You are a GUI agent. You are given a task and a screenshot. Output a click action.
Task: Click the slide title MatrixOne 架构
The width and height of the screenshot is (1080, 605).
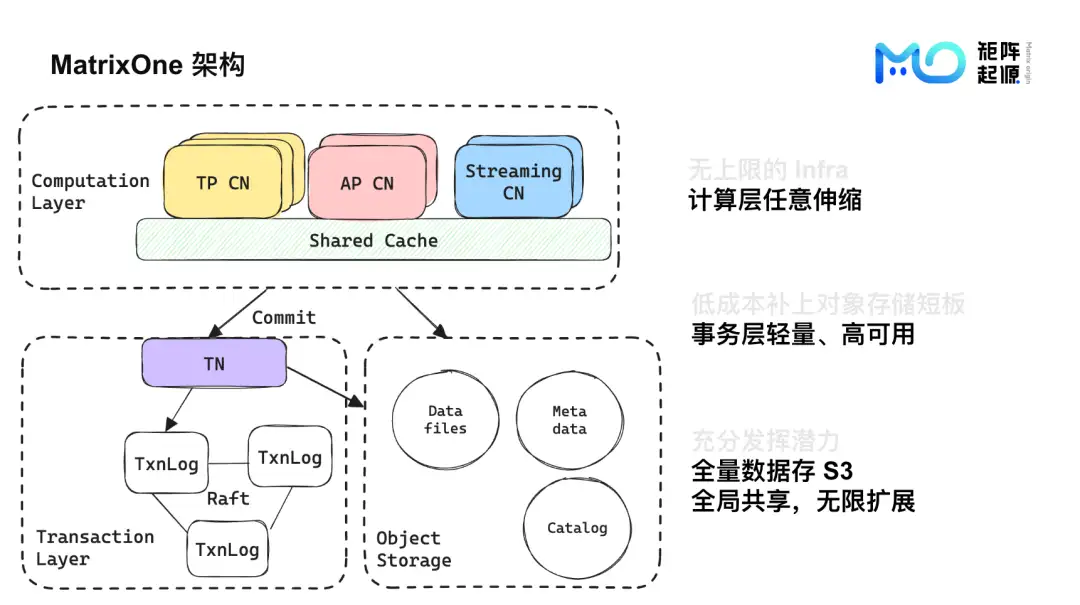tap(147, 66)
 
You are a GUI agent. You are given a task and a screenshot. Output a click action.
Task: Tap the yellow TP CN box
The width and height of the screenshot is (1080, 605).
tap(223, 183)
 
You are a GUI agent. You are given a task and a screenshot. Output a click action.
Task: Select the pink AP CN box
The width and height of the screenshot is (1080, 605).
tap(367, 183)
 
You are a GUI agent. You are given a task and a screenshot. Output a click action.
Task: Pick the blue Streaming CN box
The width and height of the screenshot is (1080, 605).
tap(513, 181)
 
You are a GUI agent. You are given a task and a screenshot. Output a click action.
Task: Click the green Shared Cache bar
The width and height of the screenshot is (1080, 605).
tap(373, 240)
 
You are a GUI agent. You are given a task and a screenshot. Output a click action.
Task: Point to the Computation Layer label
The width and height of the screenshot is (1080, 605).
tap(89, 191)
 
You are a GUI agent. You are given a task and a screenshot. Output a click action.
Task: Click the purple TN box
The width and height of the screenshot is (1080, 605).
tap(214, 363)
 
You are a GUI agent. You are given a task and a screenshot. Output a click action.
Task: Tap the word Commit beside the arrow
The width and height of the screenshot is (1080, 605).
tap(284, 317)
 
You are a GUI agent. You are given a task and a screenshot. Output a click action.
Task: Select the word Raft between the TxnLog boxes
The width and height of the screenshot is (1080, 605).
tap(228, 498)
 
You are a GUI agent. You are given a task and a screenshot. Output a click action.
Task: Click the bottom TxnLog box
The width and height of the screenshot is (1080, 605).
tap(227, 549)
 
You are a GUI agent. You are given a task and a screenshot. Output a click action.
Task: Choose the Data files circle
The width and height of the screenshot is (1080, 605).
tap(445, 420)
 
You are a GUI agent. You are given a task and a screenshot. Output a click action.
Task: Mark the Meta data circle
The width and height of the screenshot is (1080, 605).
tap(569, 420)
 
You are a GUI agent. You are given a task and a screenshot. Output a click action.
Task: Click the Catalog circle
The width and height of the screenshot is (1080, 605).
tap(577, 528)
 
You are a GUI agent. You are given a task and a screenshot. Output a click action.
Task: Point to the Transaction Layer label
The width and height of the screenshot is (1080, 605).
tap(94, 547)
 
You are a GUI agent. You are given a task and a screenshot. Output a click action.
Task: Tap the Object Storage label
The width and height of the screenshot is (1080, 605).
tap(413, 549)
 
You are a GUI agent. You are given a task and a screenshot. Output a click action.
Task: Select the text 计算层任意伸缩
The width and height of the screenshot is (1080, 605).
tap(774, 199)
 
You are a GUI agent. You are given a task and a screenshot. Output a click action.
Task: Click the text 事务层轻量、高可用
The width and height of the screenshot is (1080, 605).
tap(803, 334)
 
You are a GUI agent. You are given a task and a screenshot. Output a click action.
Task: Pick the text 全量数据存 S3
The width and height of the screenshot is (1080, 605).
tap(772, 470)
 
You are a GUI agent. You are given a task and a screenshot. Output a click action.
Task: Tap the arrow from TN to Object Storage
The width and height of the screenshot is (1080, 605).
tap(325, 387)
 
